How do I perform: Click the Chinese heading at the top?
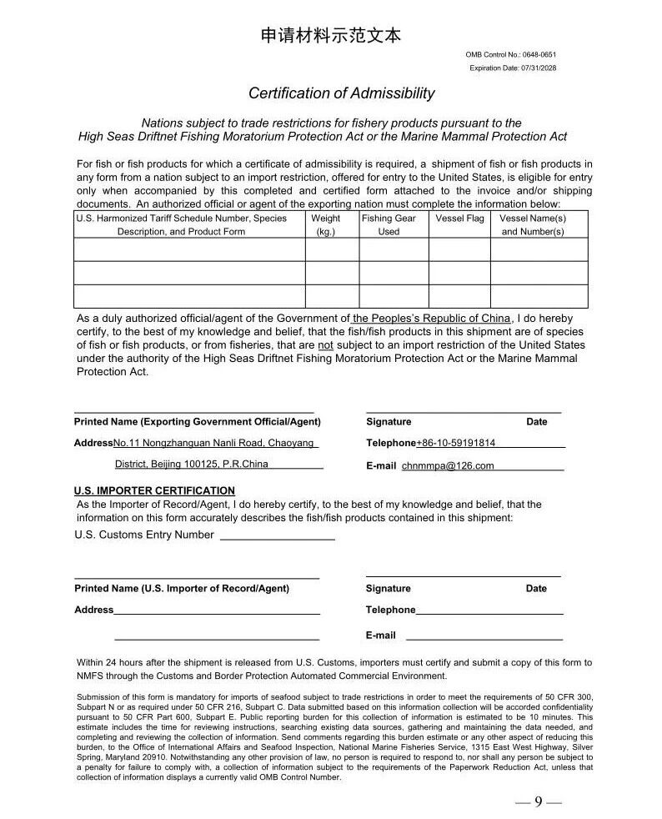330,36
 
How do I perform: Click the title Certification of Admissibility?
341,93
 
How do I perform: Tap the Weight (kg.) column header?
325,225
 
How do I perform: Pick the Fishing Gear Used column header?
389,225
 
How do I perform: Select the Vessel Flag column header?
459,219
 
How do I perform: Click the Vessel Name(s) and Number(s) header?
533,225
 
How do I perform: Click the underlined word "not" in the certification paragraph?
325,344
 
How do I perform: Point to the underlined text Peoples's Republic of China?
431,318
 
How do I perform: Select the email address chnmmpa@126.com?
448,466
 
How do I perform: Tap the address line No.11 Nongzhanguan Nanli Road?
214,443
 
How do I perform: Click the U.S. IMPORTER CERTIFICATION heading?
154,490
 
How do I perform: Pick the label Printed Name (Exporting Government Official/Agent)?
197,422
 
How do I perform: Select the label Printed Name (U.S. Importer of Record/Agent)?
182,588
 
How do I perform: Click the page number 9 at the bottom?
539,802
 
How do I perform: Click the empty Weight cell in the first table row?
325,250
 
